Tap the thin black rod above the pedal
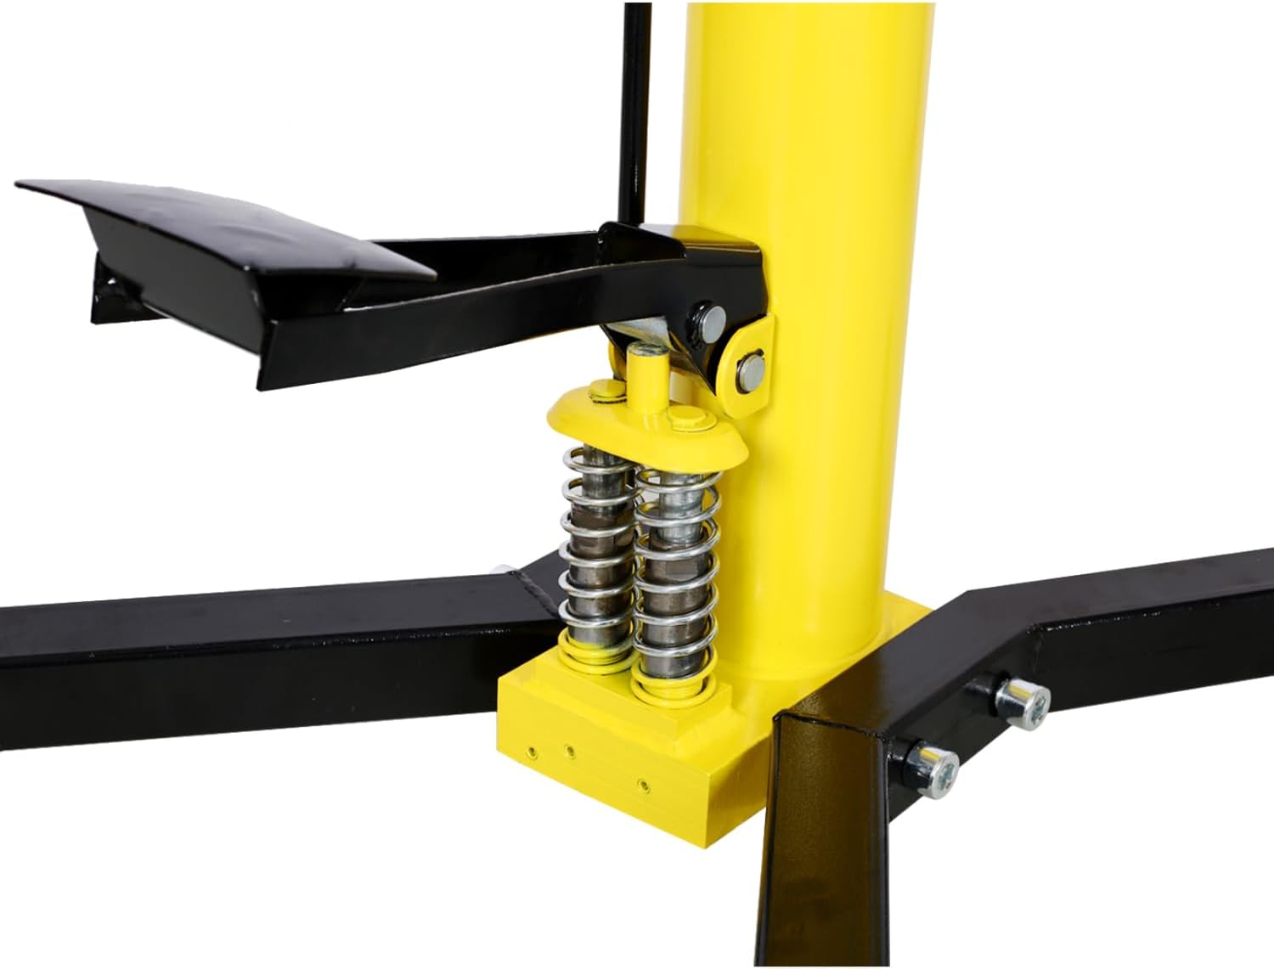(x=632, y=110)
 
